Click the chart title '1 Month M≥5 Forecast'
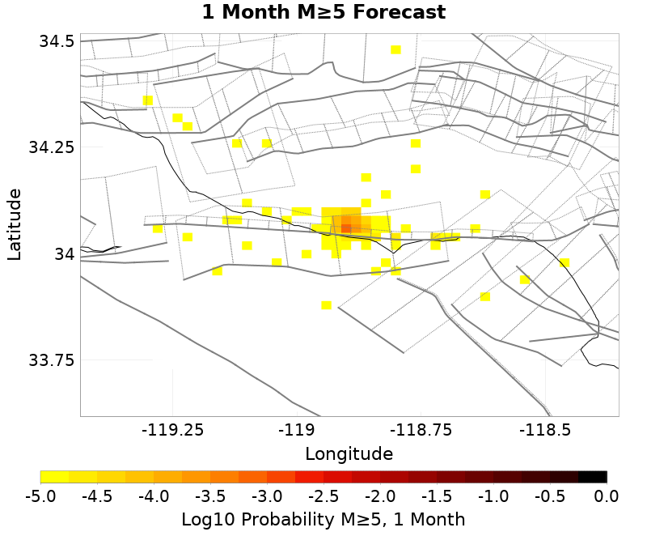point(323,13)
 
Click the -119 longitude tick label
point(298,430)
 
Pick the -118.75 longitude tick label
point(421,430)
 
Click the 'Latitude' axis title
point(15,225)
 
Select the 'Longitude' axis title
point(349,453)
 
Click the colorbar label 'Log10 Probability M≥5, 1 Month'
point(323,519)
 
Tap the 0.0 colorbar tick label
point(607,495)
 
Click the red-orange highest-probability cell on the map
point(346,228)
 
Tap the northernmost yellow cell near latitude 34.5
point(395,49)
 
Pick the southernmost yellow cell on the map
point(326,305)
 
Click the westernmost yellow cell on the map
point(148,100)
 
